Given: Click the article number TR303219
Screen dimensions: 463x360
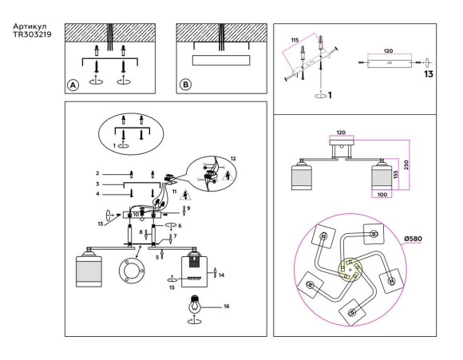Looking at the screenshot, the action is [32, 34].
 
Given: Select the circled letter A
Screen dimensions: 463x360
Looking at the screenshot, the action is [73, 85].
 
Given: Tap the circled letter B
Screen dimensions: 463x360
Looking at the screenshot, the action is [185, 85].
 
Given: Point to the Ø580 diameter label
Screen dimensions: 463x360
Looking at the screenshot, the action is [413, 239].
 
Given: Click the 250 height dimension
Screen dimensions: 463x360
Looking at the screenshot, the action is [406, 164].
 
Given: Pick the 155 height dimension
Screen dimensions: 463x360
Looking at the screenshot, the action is [396, 174].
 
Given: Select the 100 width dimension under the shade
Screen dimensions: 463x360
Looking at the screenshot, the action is [382, 195].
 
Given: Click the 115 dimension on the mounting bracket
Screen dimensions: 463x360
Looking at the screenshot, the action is [295, 40].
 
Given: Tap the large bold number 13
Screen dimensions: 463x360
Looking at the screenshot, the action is [429, 73].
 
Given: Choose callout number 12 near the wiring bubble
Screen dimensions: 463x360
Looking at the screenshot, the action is [233, 159].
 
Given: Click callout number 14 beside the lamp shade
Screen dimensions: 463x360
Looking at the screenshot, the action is [221, 275].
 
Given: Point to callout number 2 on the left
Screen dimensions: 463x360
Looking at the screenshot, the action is [97, 174].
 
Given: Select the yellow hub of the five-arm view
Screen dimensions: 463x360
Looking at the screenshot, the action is [350, 269].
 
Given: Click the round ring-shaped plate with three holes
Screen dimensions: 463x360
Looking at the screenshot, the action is [131, 271].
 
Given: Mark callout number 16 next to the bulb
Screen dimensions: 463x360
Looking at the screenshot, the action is [226, 307].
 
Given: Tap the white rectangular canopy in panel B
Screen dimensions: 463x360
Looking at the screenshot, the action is [221, 60].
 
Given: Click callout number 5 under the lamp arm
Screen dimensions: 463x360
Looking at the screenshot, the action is [157, 257].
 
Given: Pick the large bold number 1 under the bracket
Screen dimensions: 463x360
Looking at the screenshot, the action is [330, 95].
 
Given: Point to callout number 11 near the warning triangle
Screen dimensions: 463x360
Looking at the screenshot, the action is [174, 192].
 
